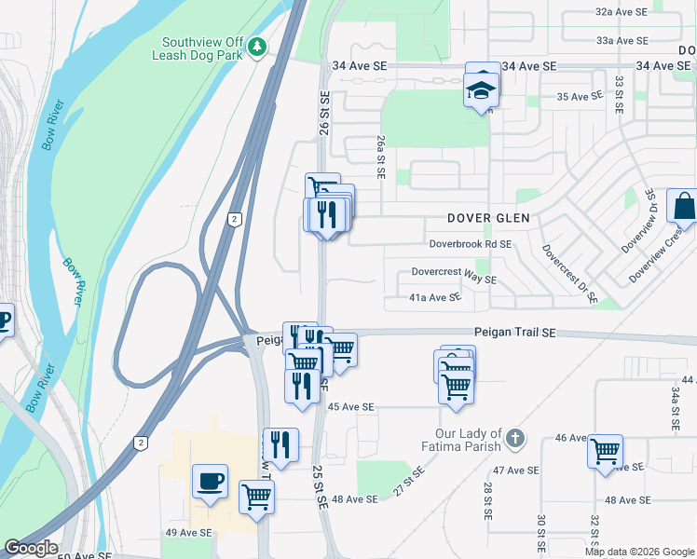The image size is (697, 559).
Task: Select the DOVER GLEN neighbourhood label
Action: [488, 218]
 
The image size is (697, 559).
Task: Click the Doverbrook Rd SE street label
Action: [471, 244]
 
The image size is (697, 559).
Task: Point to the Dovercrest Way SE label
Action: [455, 279]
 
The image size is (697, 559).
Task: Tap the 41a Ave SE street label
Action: [436, 297]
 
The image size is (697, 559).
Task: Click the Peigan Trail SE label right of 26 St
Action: [514, 332]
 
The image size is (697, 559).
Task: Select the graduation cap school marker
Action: [482, 88]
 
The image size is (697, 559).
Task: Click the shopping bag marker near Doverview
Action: [683, 205]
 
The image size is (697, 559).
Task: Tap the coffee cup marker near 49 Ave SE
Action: [210, 482]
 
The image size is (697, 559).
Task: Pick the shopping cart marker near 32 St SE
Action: [605, 451]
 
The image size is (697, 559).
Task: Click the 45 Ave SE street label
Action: [351, 407]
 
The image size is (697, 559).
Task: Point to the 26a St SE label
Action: [380, 155]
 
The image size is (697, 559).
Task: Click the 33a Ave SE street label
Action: [622, 41]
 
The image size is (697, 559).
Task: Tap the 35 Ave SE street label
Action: [579, 97]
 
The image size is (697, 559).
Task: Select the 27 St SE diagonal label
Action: [408, 483]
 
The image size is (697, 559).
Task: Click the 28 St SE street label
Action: [487, 501]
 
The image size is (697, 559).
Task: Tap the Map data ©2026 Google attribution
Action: [639, 552]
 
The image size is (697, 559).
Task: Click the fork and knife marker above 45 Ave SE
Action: [301, 384]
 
